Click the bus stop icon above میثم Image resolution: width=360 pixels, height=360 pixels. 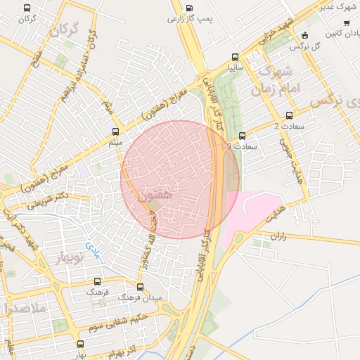click(117, 131)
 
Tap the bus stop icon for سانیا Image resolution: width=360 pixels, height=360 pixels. click(235, 58)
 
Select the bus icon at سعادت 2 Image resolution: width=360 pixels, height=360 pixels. click(290, 115)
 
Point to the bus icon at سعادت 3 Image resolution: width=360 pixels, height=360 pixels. click(243, 136)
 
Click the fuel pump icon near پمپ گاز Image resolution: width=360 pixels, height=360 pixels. click(189, 9)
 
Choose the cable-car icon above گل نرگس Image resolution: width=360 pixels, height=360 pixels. click(304, 35)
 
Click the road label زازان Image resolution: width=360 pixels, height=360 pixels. click(279, 237)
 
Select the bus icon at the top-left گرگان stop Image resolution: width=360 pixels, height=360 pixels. click(27, 8)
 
